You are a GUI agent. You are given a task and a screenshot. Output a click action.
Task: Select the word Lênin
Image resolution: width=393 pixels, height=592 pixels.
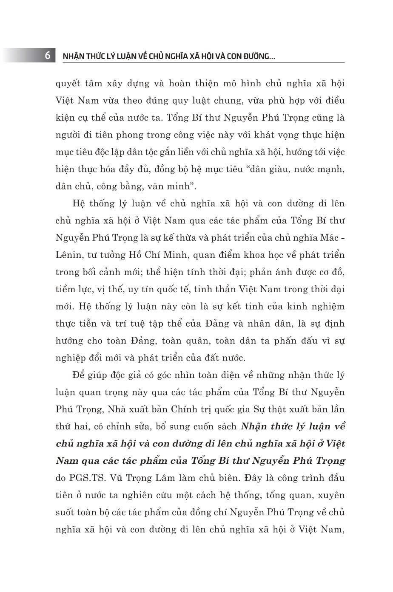(68, 255)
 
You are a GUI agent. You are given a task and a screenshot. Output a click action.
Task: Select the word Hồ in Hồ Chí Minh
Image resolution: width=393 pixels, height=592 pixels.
(148, 255)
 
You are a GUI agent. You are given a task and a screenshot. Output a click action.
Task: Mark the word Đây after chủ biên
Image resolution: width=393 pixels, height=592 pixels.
(257, 478)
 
